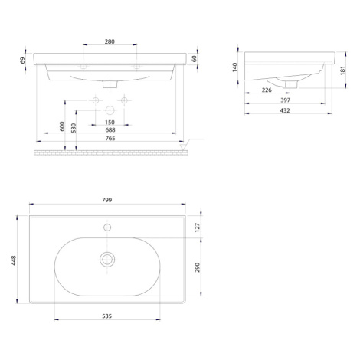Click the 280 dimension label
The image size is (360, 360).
110,41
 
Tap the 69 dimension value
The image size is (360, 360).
23,61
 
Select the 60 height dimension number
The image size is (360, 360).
194,59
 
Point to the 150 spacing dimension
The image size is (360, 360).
110,123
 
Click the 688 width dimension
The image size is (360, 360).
110,130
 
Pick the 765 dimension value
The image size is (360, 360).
110,138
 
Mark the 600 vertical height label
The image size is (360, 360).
62,126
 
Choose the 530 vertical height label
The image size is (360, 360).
74,128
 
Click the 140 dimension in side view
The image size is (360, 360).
235,67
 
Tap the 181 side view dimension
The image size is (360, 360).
342,70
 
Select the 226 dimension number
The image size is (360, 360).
267,90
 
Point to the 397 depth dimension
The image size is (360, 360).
285,100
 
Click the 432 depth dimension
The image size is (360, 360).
285,110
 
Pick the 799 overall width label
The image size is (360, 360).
107,200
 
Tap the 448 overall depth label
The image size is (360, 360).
14,260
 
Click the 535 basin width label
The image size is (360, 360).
107,316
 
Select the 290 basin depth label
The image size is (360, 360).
198,267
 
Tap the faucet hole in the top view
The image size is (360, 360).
107,227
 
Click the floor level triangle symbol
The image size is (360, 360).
182,147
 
